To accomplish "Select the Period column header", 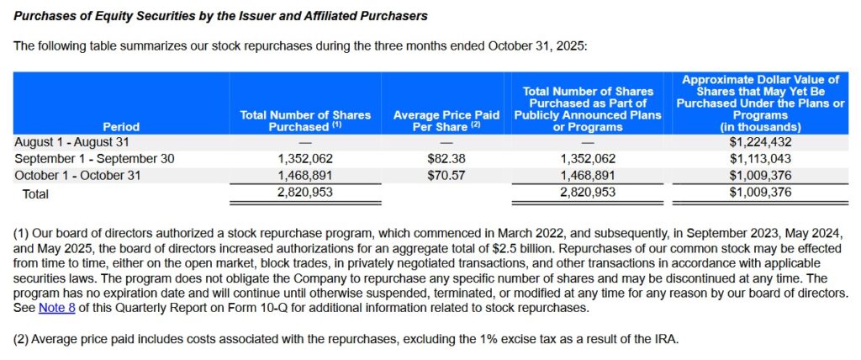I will [x=121, y=126].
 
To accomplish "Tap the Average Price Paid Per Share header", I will [x=446, y=120].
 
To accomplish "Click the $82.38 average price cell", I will [x=446, y=158].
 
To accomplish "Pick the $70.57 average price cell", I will [x=446, y=175].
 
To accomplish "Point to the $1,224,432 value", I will [x=760, y=141].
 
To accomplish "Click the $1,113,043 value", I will [x=760, y=158].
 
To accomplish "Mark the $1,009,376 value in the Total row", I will [x=760, y=193].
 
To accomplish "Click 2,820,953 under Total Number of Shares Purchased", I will [x=305, y=193].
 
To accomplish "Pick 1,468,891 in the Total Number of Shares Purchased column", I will [x=305, y=175].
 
